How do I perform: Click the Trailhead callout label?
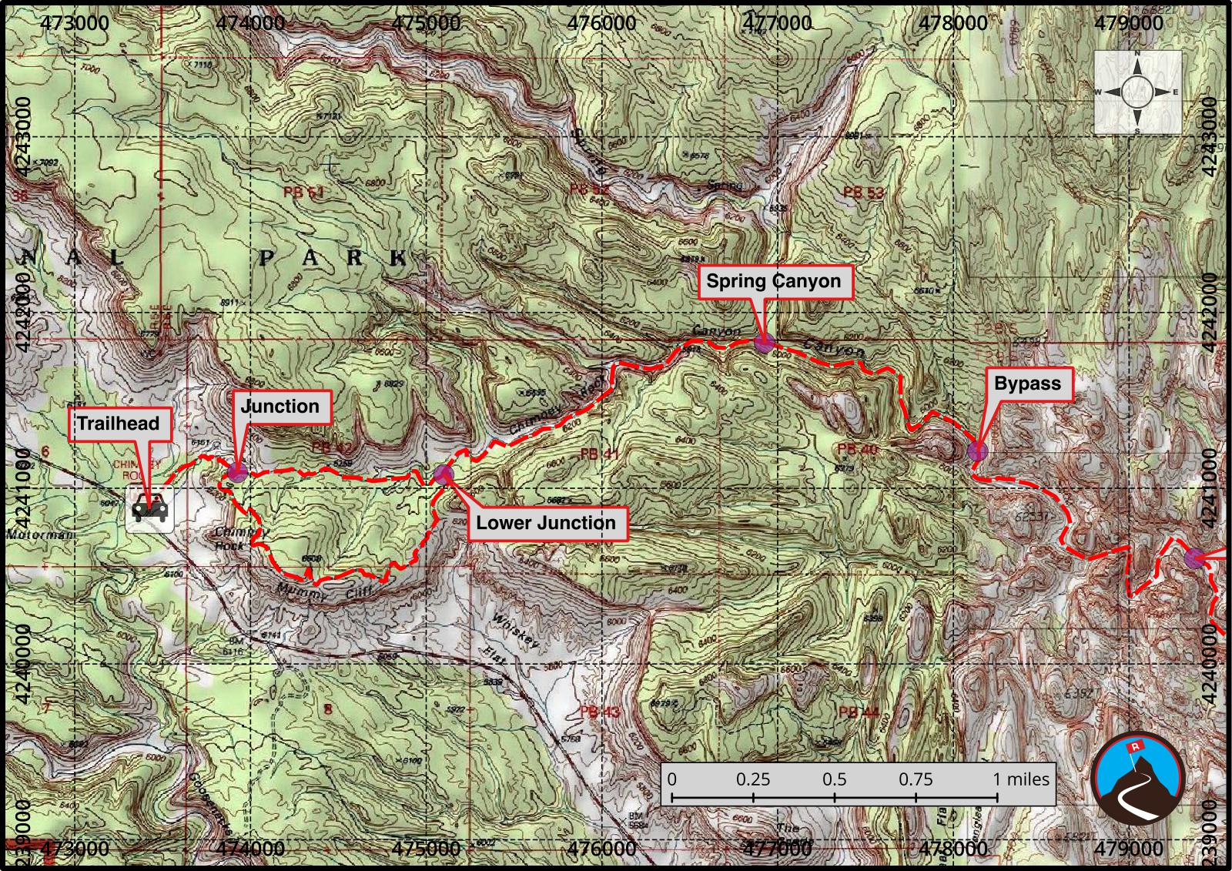point(118,423)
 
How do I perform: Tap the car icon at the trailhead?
point(149,509)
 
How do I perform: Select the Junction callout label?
point(280,407)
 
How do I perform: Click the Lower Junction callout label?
point(545,523)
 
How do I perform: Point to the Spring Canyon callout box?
point(773,281)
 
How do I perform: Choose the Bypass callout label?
point(1027,384)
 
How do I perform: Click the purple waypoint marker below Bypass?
point(976,451)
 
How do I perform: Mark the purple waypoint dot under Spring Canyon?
point(764,343)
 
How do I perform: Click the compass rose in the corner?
point(1137,92)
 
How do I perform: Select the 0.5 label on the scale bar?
point(834,779)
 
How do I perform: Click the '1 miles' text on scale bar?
point(1021,779)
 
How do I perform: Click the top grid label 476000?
point(601,22)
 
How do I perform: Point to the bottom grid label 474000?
point(251,848)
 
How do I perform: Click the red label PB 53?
point(863,192)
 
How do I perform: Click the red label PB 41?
point(599,454)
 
